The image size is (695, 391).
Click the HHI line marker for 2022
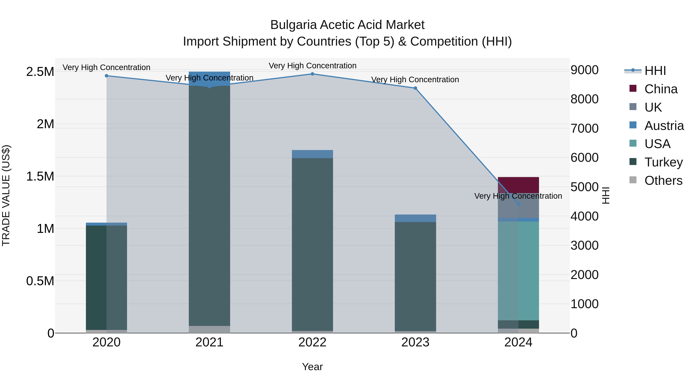312,74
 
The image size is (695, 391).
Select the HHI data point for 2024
518,204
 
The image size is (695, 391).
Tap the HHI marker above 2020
107,76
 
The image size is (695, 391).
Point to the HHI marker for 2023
415,88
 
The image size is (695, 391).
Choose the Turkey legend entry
663,162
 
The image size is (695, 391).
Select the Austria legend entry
664,126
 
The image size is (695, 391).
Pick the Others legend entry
663,181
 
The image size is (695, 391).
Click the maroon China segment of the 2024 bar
518,185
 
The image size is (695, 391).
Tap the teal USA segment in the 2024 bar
518,270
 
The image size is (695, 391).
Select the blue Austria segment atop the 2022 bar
312,154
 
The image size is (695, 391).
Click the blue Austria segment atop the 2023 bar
415,218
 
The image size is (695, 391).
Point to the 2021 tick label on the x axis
209,342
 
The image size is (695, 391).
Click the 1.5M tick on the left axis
40,176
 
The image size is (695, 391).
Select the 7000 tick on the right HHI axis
584,128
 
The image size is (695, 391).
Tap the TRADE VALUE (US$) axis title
6,195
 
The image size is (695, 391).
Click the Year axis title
312,367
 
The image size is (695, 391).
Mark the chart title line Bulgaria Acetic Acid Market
347,25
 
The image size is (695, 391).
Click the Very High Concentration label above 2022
312,66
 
